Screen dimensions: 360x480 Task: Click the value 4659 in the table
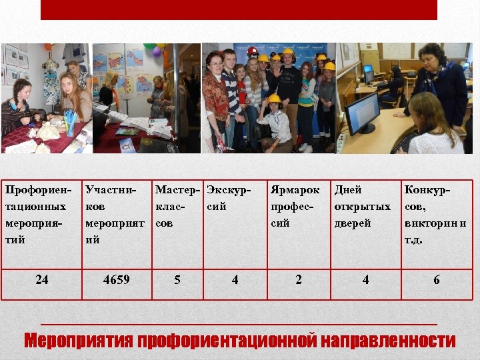coord(116,280)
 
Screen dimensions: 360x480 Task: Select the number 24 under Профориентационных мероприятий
coord(41,280)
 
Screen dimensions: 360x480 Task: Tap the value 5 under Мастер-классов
coord(177,280)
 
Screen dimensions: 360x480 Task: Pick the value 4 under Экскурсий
coord(235,280)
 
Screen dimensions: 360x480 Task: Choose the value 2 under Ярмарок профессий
coord(298,280)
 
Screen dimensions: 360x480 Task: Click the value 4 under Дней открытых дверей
coord(365,280)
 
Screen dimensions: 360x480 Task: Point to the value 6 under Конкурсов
coord(437,280)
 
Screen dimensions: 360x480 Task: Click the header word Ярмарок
coord(295,190)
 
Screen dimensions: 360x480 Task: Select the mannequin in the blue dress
coord(51,83)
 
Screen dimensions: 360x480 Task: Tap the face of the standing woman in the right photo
coord(435,57)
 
